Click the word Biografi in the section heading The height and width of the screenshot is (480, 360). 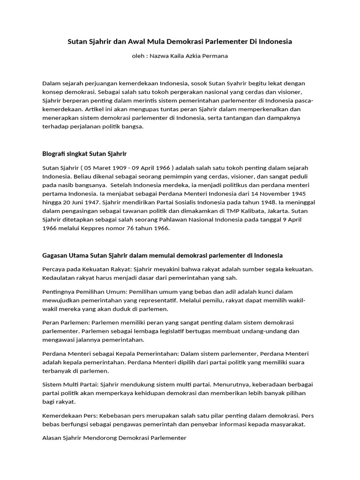54,153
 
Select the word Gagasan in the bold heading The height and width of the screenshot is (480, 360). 54,255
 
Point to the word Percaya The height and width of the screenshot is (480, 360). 54,269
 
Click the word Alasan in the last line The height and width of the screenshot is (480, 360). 52,438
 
